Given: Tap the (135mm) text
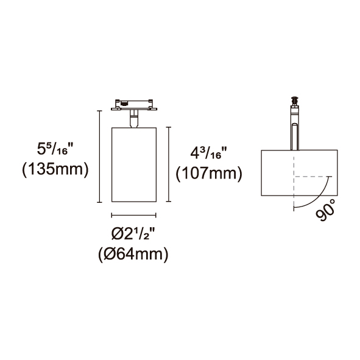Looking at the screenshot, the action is (x=55, y=170).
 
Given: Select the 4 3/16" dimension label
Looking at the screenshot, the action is (x=208, y=153).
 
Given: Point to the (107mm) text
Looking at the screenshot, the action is (x=209, y=174).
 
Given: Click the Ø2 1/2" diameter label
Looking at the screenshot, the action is (x=133, y=234).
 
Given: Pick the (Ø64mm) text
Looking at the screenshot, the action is (x=133, y=255).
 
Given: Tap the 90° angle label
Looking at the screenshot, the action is (x=325, y=210).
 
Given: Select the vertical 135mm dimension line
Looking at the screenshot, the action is (x=99, y=157).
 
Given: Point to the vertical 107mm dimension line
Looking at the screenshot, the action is (x=169, y=164).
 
